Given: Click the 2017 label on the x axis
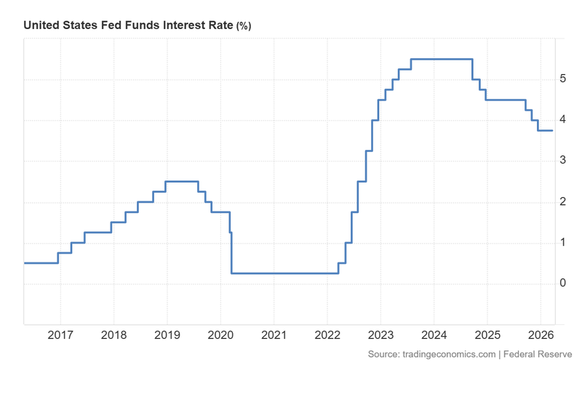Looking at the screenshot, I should pos(60,337).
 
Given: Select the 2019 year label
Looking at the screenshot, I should pos(167,337).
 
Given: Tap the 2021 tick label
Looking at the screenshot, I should pos(274,337).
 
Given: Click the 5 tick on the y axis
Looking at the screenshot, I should pos(563,79).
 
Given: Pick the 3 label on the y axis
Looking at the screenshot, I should pos(563,161).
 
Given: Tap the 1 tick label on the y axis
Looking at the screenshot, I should pos(563,242).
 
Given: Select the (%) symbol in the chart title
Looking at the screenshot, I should pos(243,26).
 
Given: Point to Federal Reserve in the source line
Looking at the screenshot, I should pos(537,354).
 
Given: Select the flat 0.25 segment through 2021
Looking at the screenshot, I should pos(284,273).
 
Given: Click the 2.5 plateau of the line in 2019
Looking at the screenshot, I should pos(182,181).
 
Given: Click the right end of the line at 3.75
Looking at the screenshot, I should pos(552,130).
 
